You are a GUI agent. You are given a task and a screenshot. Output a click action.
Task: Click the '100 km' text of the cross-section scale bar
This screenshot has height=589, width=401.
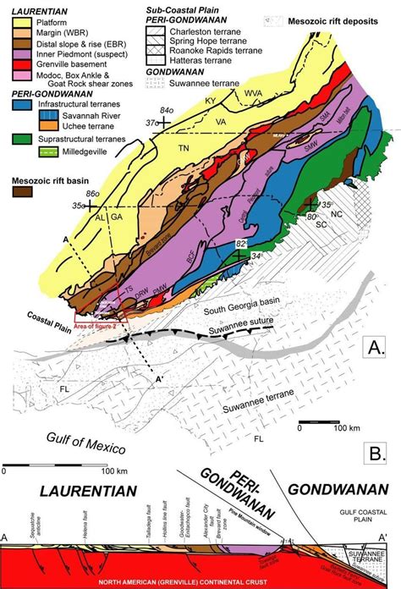click(x=104, y=470)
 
